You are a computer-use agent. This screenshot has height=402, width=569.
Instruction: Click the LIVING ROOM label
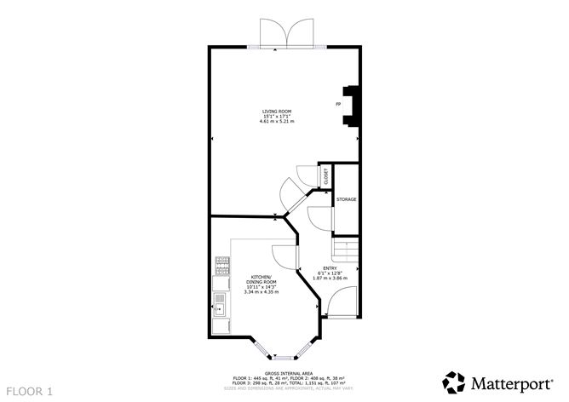click(x=277, y=111)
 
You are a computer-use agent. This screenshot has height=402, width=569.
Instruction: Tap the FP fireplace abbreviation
click(x=338, y=104)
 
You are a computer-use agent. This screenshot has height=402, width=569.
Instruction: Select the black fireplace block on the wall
click(x=351, y=106)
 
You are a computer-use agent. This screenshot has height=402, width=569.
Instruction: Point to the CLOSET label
click(x=325, y=176)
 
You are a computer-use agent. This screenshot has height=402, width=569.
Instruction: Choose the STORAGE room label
click(x=346, y=199)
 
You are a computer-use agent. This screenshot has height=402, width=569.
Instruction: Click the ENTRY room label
click(x=330, y=268)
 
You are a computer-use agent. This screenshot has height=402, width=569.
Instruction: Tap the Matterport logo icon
click(x=454, y=381)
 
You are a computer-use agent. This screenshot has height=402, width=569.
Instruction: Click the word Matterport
click(x=510, y=381)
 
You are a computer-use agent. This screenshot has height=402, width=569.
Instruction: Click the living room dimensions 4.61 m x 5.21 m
click(x=277, y=121)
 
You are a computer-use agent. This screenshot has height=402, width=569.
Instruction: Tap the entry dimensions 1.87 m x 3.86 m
click(x=330, y=279)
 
